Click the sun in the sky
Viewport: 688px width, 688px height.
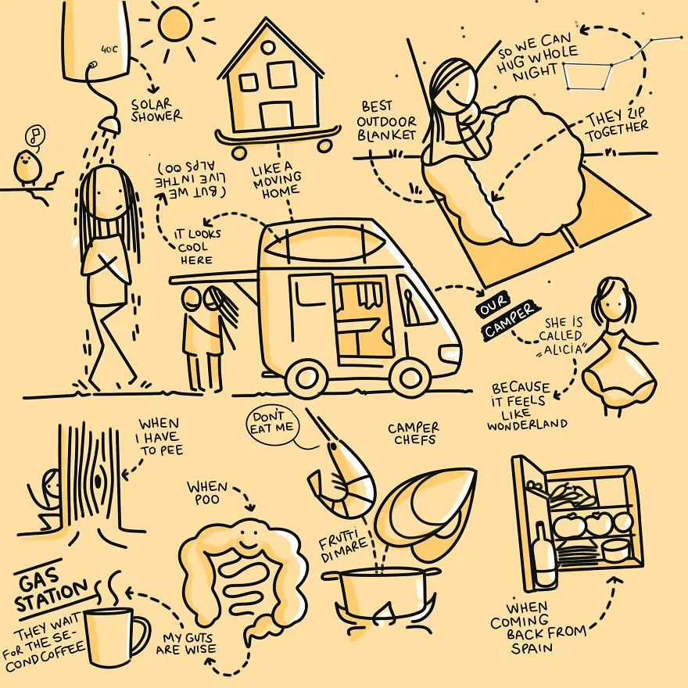174,26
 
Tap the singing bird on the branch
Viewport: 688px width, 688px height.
27,167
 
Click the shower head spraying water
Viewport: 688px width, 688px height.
109,123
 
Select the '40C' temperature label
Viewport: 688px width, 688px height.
109,49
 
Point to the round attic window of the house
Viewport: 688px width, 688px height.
267,47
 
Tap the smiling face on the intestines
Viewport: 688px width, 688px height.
249,539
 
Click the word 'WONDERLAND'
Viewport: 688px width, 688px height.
527,425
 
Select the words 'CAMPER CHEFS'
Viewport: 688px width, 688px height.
414,433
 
